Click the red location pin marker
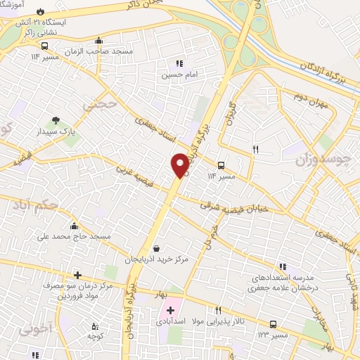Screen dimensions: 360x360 180,165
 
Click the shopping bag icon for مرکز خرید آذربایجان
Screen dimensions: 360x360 155,247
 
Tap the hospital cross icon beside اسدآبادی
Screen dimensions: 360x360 170,309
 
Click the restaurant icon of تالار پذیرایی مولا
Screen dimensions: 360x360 219,309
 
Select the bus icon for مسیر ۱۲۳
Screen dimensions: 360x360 273,324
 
